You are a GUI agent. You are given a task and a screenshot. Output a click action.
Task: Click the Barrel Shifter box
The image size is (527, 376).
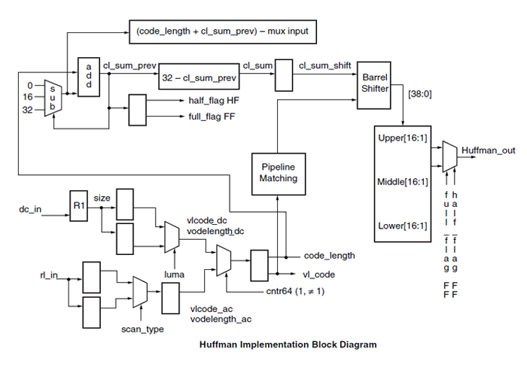[x=374, y=82]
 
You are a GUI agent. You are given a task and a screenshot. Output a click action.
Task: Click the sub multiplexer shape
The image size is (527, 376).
[x=53, y=98]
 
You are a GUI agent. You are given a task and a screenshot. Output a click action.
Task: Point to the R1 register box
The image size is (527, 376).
[x=78, y=204]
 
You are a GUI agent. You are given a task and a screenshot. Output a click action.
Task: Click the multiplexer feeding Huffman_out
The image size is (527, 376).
[x=448, y=154]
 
